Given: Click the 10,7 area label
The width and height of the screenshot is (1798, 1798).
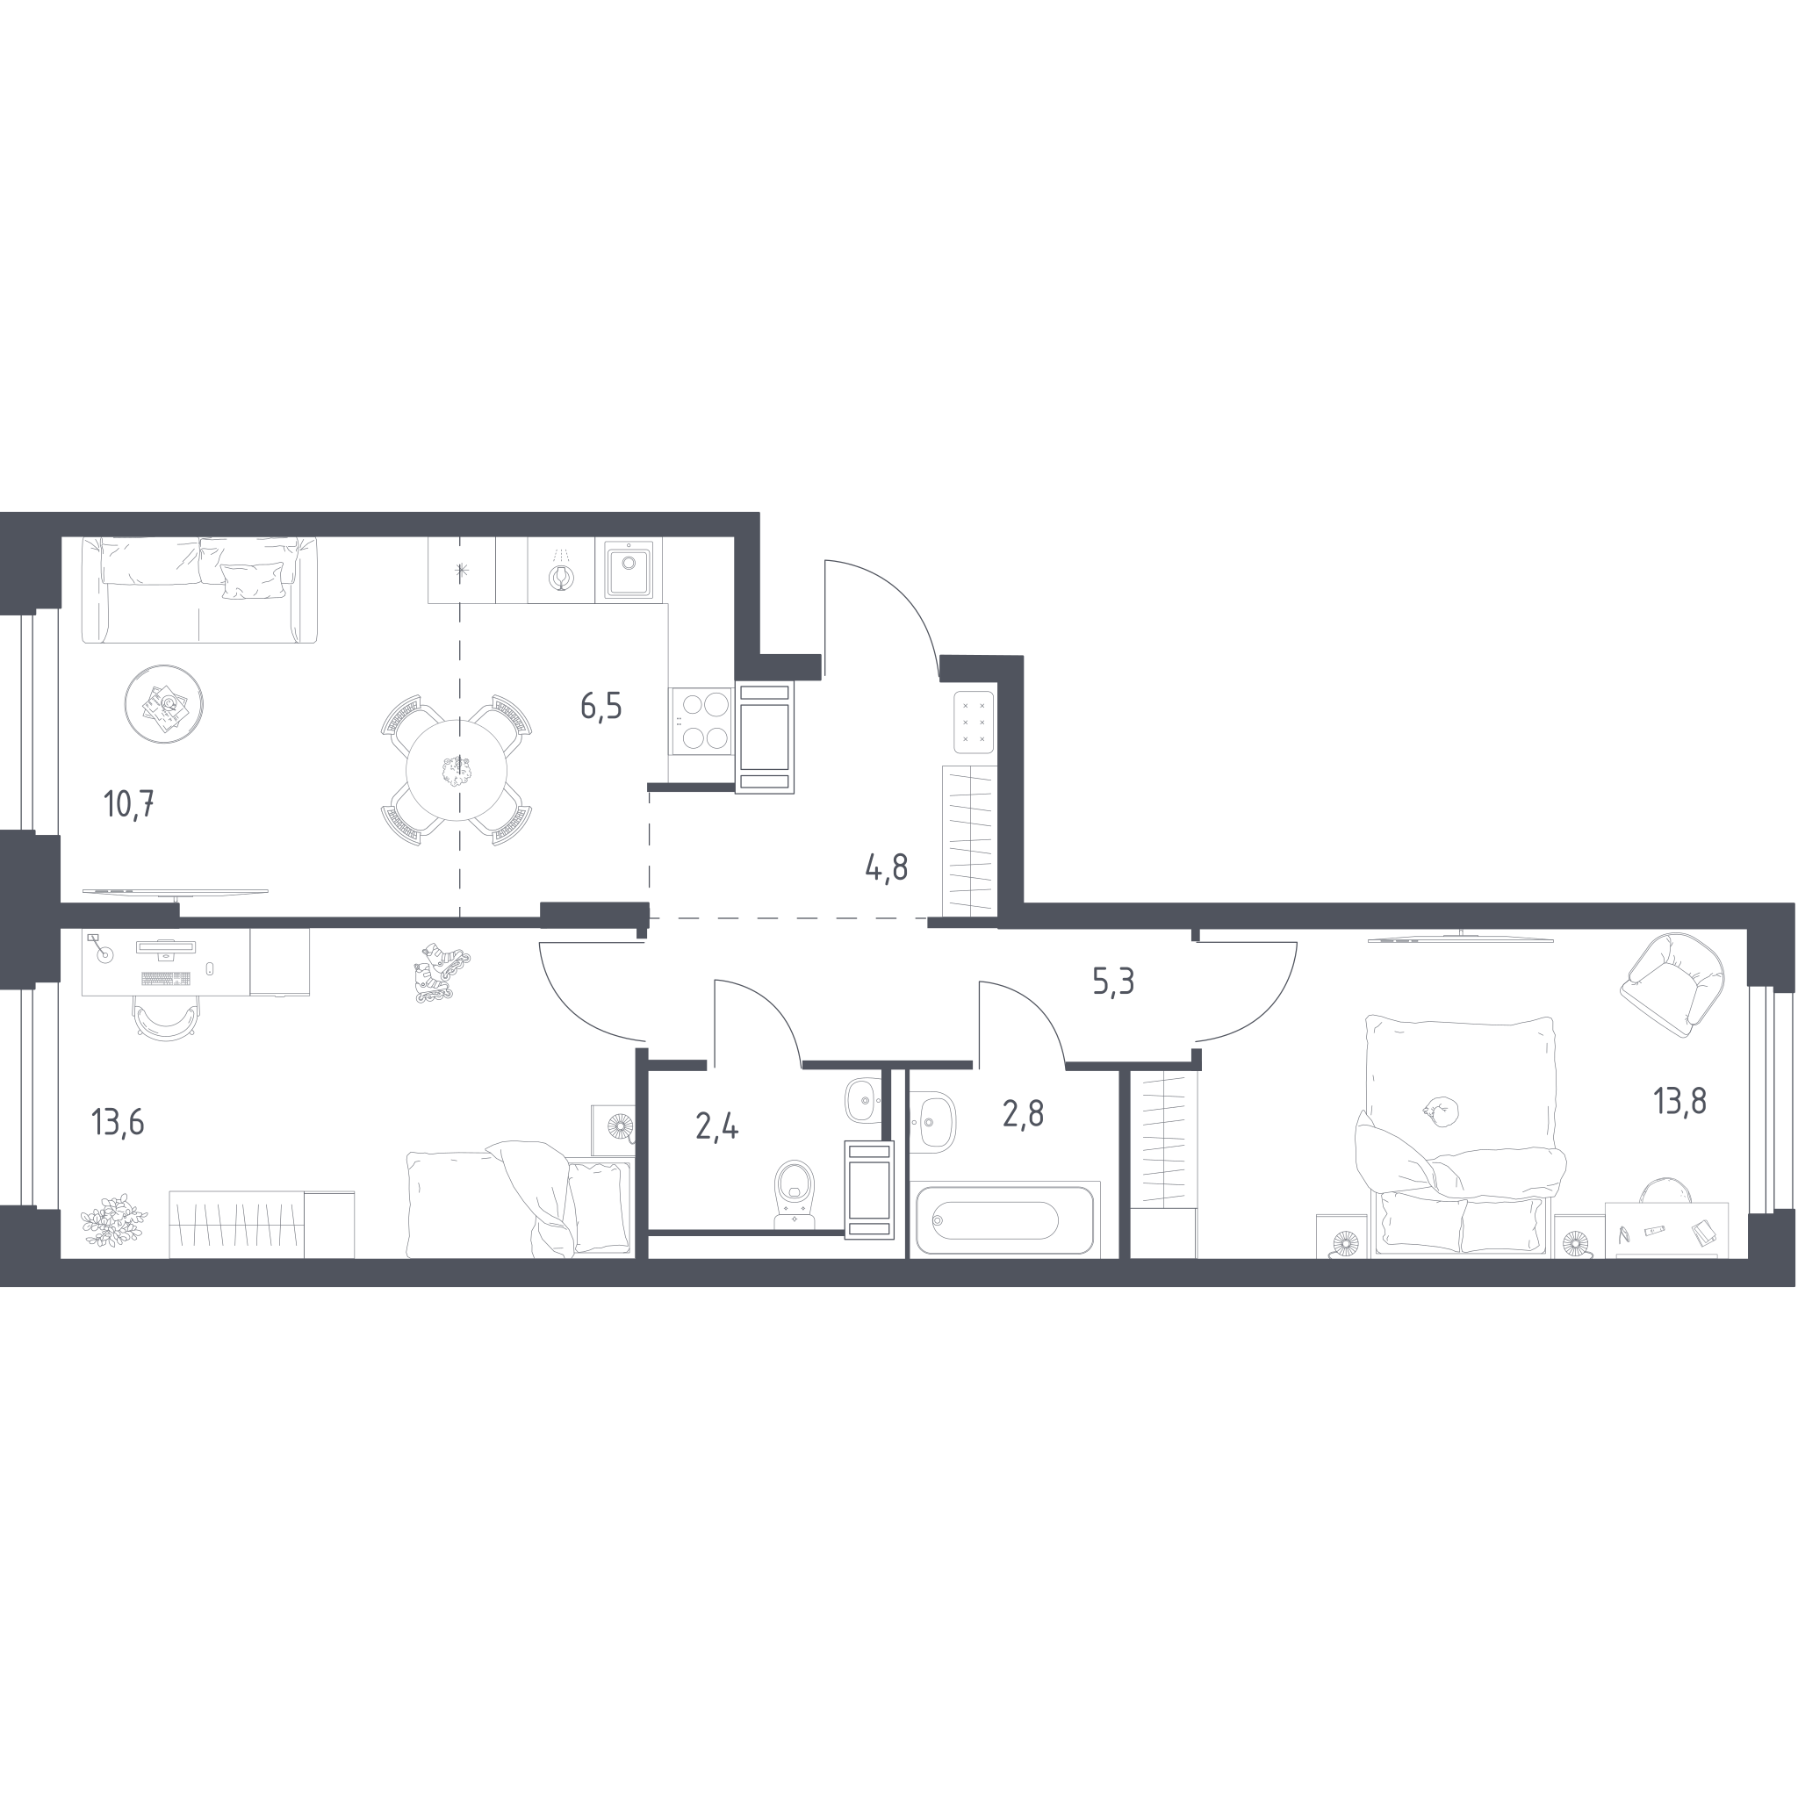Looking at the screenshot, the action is pyautogui.click(x=129, y=804).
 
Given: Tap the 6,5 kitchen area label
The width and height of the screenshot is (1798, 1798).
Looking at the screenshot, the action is pyautogui.click(x=601, y=707).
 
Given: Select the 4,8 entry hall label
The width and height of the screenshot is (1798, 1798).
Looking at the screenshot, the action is pyautogui.click(x=887, y=867).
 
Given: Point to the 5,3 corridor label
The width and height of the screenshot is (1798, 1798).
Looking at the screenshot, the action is pyautogui.click(x=1113, y=981).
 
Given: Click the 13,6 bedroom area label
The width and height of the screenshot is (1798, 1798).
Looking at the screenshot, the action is pyautogui.click(x=119, y=1122).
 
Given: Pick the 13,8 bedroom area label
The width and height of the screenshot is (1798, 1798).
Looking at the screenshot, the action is pyautogui.click(x=1679, y=1101).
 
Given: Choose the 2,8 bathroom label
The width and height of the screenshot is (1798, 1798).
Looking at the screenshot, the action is pyautogui.click(x=1023, y=1113).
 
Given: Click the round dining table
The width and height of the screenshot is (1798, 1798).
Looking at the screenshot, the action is pyautogui.click(x=457, y=771).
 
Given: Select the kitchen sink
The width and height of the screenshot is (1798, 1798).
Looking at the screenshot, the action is pyautogui.click(x=629, y=570).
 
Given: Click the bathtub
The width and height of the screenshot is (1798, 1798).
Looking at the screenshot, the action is pyautogui.click(x=1004, y=1220).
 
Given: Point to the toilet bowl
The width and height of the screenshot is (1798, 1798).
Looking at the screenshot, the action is pyautogui.click(x=794, y=1194).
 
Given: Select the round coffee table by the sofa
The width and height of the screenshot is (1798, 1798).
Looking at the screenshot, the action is pyautogui.click(x=164, y=703).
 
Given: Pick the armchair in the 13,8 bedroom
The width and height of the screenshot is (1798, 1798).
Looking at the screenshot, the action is pyautogui.click(x=1672, y=985).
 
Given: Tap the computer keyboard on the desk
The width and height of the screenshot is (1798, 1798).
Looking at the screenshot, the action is pyautogui.click(x=167, y=978).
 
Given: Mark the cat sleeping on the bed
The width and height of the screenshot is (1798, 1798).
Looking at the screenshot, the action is pyautogui.click(x=1440, y=1111).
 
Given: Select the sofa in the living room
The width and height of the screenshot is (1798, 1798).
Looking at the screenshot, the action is pyautogui.click(x=199, y=590).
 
